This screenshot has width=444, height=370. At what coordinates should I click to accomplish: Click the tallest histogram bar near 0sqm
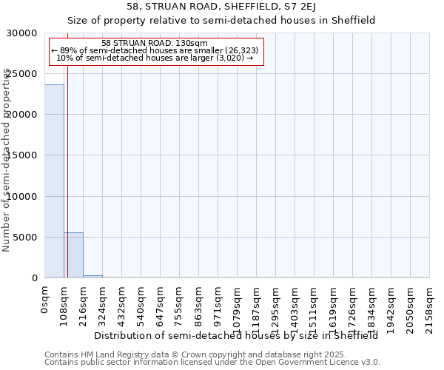(x=54, y=181)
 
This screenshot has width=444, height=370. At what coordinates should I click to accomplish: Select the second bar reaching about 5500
(x=73, y=255)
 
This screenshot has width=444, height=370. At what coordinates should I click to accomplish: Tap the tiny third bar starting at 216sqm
(x=92, y=276)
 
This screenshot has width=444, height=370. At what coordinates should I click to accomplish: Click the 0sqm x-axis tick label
(x=45, y=302)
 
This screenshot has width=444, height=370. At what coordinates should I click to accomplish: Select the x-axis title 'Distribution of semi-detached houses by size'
(x=236, y=335)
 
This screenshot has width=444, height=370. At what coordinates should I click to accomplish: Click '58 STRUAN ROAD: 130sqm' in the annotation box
(x=155, y=44)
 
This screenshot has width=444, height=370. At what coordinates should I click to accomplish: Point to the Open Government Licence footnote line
(x=212, y=363)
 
